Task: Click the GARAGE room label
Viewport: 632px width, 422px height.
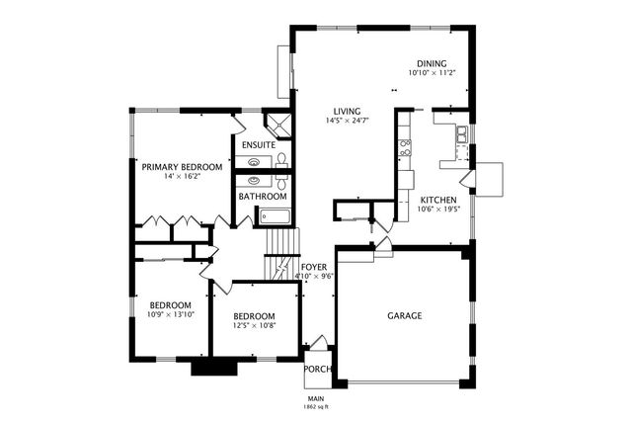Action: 405,315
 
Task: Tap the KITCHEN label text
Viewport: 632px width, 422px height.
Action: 438,200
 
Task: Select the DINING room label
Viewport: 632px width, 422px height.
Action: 432,63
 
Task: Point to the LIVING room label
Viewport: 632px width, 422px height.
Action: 347,112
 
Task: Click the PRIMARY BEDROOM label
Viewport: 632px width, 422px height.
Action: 182,167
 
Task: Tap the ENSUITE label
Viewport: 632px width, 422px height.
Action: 259,145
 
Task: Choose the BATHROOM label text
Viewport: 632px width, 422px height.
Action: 263,197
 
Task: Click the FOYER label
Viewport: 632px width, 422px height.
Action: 314,267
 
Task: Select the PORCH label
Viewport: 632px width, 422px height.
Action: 317,370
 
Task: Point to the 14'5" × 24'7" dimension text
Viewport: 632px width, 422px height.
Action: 347,121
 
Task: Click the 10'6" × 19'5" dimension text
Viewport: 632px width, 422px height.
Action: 438,209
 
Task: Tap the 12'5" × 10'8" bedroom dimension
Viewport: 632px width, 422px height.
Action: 255,325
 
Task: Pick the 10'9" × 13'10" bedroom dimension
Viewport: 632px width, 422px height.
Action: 171,314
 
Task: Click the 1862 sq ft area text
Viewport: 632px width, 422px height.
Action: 316,407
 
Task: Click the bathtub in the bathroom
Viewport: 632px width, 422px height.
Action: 275,216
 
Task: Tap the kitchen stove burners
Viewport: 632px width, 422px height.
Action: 405,147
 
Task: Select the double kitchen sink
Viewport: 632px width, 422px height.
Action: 462,134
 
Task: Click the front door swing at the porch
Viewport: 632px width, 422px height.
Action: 320,341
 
